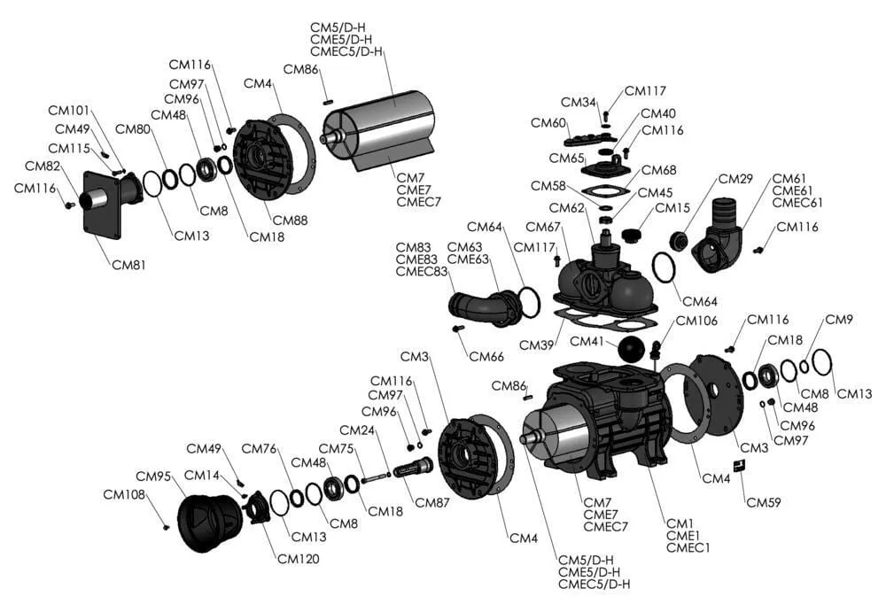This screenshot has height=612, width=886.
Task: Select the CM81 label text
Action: pos(129,264)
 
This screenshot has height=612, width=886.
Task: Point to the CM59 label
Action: pos(764,502)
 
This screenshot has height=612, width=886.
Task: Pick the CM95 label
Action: pos(152,476)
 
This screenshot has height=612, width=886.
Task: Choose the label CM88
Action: pos(290,220)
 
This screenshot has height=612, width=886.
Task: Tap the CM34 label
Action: pos(579,102)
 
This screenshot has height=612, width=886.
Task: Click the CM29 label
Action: pos(735,178)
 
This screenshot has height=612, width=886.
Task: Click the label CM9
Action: pos(838,320)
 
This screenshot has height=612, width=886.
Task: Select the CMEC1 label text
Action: pos(688,547)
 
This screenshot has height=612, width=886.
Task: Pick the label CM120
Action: pos(298,558)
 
